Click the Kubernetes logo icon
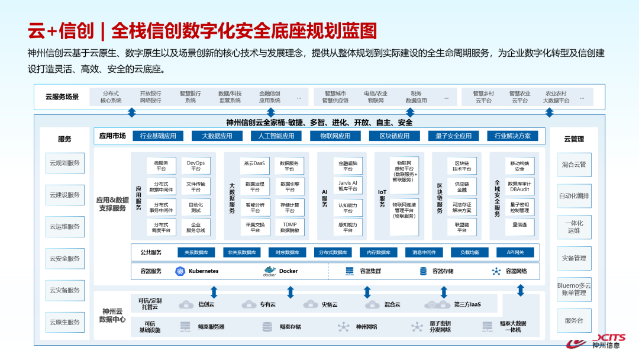click(x=180, y=271)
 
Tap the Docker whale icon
click(x=270, y=271)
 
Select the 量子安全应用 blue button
click(x=454, y=136)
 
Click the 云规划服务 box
click(x=64, y=163)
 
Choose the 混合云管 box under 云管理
click(x=574, y=164)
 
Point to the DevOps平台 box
click(x=196, y=166)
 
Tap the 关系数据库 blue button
click(x=196, y=252)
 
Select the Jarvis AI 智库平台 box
click(x=348, y=187)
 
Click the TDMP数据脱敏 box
click(x=290, y=227)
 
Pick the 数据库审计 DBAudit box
click(x=519, y=187)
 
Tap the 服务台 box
click(x=574, y=321)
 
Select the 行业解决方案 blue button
click(x=512, y=136)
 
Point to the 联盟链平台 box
click(x=462, y=227)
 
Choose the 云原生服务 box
click(x=64, y=322)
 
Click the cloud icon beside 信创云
click(x=186, y=304)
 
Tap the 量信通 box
click(x=519, y=225)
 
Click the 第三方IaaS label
click(x=467, y=304)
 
